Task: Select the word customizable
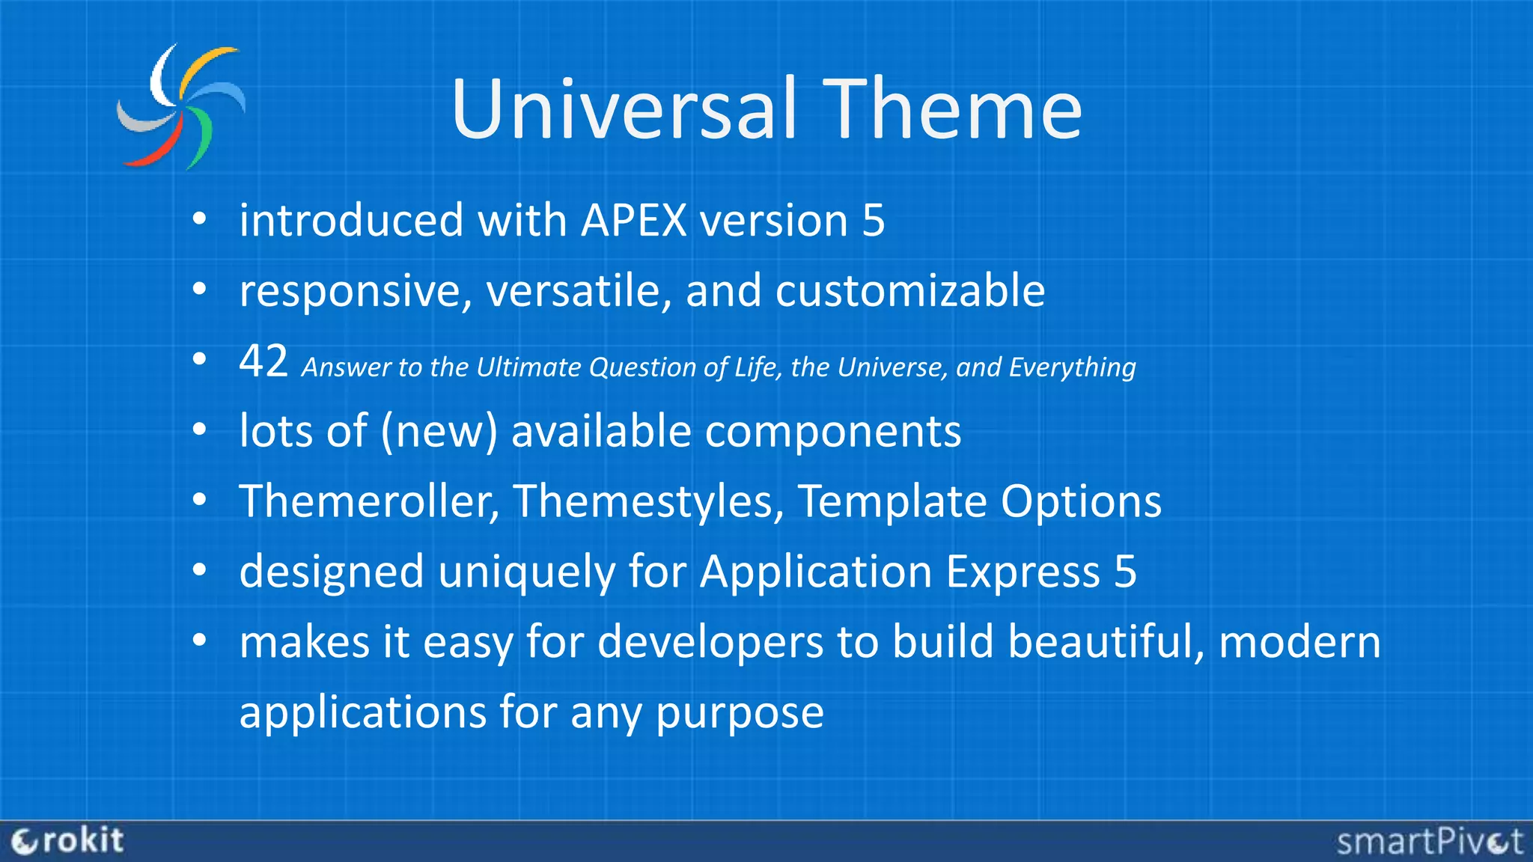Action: point(909,291)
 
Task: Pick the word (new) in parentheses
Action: point(439,432)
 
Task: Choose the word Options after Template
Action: point(1081,501)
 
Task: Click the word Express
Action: point(1022,572)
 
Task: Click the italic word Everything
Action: point(1072,367)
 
